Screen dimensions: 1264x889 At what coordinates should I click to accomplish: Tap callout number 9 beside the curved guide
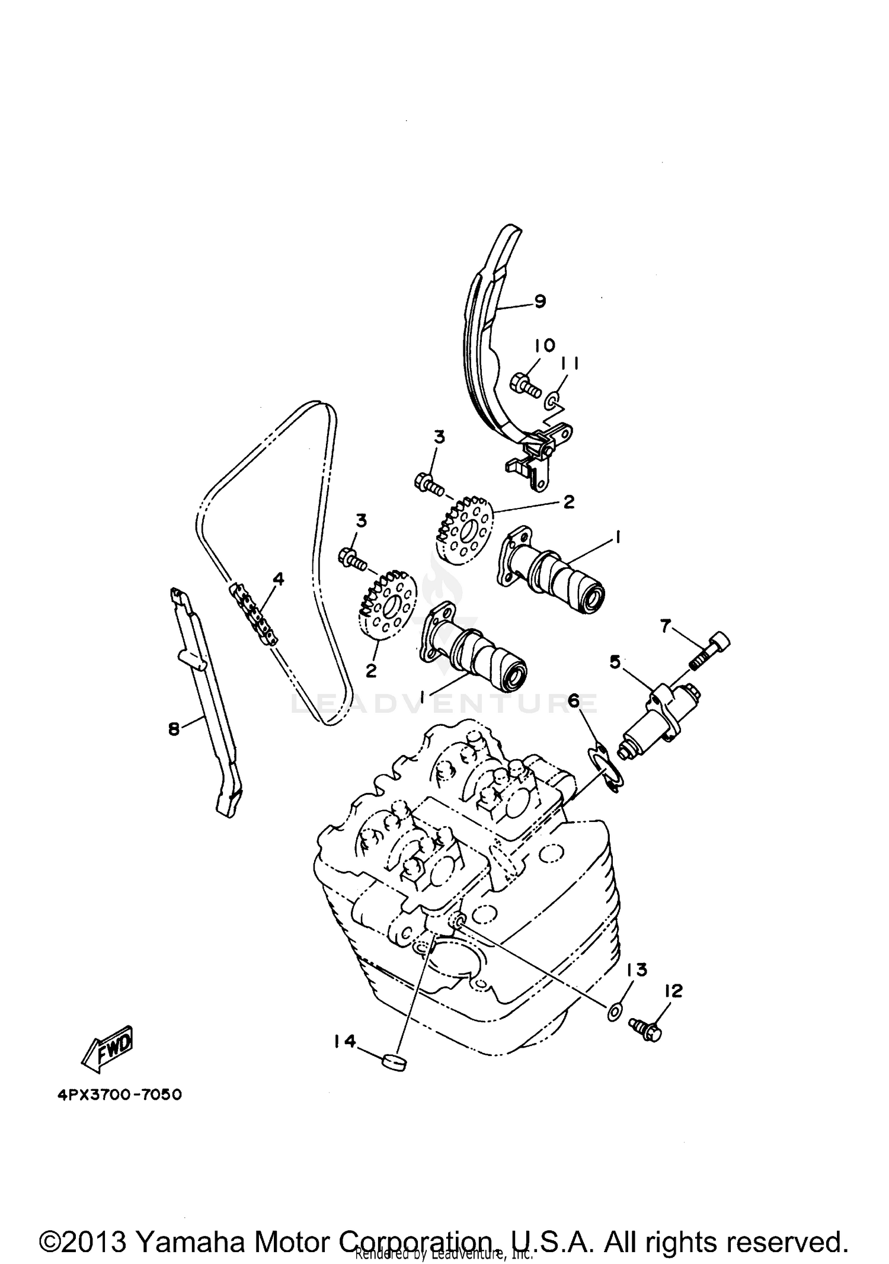tap(539, 302)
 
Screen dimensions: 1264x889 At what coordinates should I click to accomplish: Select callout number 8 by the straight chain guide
tap(174, 729)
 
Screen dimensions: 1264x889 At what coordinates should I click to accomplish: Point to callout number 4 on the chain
tap(278, 578)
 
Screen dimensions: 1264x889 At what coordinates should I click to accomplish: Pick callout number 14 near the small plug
tap(344, 1040)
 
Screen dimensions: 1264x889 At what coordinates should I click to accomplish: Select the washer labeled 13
tap(614, 1012)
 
